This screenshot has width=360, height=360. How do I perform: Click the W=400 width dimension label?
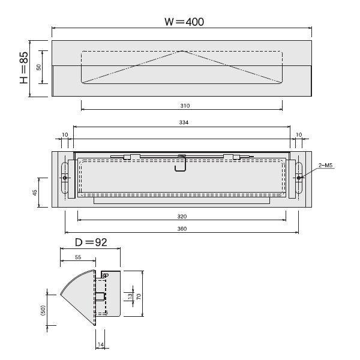[x=184, y=22]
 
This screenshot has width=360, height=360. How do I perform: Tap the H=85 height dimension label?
[x=24, y=67]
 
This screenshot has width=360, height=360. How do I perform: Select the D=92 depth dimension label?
[x=91, y=242]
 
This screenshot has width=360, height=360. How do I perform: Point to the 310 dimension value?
[x=185, y=106]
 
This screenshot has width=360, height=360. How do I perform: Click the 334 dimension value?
[x=184, y=122]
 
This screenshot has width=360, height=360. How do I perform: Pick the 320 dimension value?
[x=182, y=216]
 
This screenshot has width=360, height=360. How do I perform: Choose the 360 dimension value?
[x=182, y=229]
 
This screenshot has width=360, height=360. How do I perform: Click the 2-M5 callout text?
[x=325, y=165]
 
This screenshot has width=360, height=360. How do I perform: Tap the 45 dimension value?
[x=35, y=193]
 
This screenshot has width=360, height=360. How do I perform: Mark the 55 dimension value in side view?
[x=78, y=257]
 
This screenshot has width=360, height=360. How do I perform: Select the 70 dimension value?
[x=139, y=296]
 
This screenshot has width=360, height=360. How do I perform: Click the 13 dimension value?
[x=130, y=296]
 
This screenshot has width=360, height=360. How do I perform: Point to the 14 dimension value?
[x=101, y=344]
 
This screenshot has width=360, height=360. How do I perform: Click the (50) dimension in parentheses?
[x=43, y=310]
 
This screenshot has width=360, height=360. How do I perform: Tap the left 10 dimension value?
[x=65, y=135]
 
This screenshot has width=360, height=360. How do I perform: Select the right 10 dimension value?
[x=299, y=135]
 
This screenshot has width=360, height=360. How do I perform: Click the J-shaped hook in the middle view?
[x=180, y=164]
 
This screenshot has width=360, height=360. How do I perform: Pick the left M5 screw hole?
[x=65, y=178]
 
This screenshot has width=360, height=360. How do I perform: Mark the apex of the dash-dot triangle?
[x=182, y=51]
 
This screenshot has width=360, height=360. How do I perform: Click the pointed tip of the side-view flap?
[x=61, y=294]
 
